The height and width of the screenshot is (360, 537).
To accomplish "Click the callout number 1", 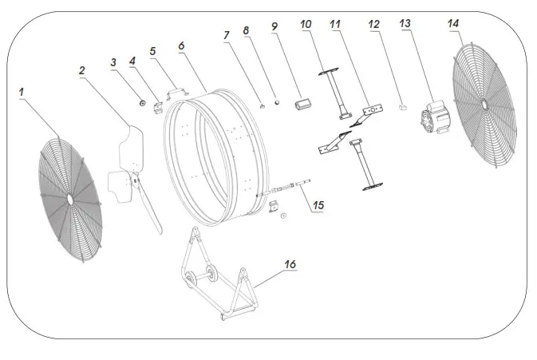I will tap(22, 93).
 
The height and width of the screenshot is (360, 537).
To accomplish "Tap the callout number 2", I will tap(81, 71).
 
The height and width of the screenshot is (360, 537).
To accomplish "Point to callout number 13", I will tap(405, 25).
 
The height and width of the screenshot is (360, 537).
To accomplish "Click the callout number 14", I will tap(453, 25).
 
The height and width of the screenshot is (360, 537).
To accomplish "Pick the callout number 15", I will tap(318, 205).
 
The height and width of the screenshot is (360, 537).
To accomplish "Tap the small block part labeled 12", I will tap(403, 105).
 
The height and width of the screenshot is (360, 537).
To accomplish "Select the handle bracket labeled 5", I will tap(178, 92).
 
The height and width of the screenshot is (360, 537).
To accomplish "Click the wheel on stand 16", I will tap(192, 279).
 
